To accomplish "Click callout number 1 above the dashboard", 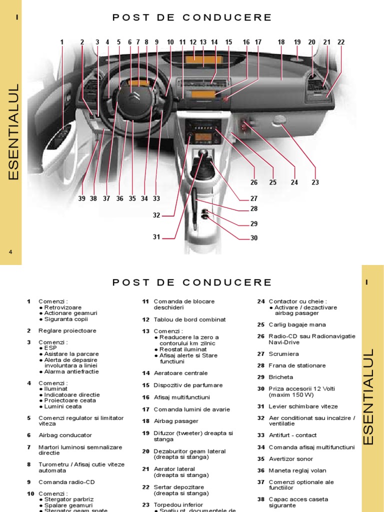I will tap(62, 42).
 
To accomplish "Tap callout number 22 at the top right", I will tap(341, 42).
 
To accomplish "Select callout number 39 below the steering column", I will tap(82, 198).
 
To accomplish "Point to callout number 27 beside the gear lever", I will tap(254, 198).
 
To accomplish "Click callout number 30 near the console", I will tap(254, 238).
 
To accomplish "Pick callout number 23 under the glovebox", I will tap(315, 182).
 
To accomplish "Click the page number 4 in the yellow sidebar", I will tap(10, 252).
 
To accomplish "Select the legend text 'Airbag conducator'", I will tap(65, 435).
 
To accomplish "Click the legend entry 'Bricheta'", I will tap(281, 377).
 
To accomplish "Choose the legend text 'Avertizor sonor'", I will tap(291, 458).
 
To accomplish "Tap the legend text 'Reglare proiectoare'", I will tap(67, 330).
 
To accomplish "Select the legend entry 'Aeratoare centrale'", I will tap(180, 373).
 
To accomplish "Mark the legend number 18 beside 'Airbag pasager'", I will tap(145, 421).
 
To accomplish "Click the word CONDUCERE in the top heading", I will tap(227, 17).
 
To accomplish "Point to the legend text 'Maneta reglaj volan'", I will tap(297, 470).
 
